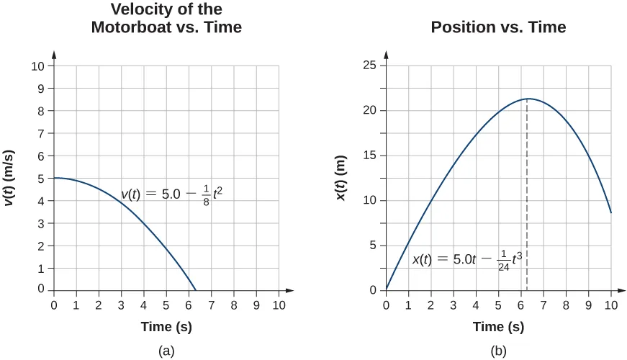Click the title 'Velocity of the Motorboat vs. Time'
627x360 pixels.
click(166, 19)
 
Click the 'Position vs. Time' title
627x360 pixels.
click(498, 28)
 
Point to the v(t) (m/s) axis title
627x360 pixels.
click(12, 177)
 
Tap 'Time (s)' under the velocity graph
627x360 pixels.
click(166, 327)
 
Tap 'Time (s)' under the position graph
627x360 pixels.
click(498, 327)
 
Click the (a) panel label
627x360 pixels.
click(166, 351)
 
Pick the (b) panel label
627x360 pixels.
click(498, 351)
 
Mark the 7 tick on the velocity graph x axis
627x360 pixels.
click(212, 305)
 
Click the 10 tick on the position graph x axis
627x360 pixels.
click(611, 305)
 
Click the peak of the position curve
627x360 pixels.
click(528, 99)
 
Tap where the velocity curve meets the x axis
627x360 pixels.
click(196, 290)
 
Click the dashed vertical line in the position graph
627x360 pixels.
click(528, 202)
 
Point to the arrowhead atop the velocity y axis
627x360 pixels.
click(54, 54)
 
